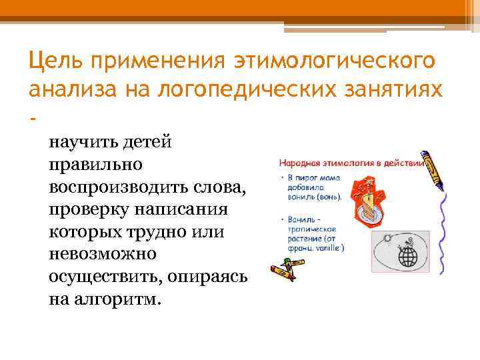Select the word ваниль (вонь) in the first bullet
pyautogui.click(x=314, y=197)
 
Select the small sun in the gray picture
pyautogui.click(x=387, y=238)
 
